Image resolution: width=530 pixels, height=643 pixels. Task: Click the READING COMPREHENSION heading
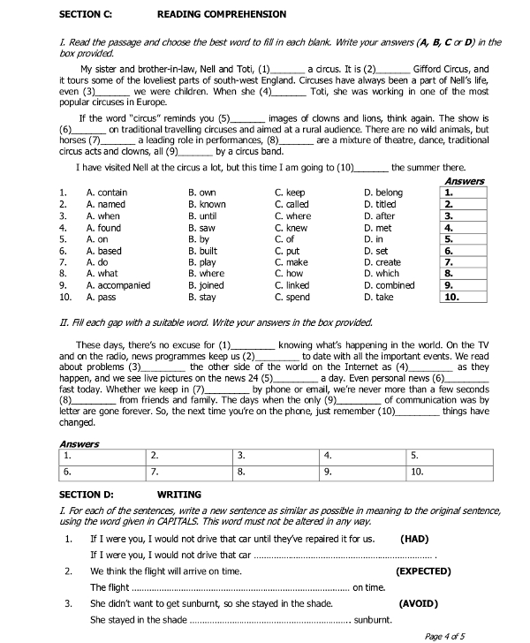(221, 14)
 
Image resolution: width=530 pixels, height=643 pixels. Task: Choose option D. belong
(382, 193)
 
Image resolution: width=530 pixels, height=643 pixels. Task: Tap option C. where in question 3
(293, 216)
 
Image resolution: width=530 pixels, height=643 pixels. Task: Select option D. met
(378, 227)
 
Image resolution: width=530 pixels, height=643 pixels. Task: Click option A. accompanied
(118, 285)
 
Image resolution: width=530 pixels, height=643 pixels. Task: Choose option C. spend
(293, 297)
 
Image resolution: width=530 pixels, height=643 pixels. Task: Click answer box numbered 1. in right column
(464, 193)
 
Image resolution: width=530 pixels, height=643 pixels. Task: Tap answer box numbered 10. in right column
(464, 297)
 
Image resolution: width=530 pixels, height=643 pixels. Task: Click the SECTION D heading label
(86, 495)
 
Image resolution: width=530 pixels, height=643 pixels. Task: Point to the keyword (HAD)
(414, 538)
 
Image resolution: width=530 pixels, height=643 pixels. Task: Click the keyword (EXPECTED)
(422, 571)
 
